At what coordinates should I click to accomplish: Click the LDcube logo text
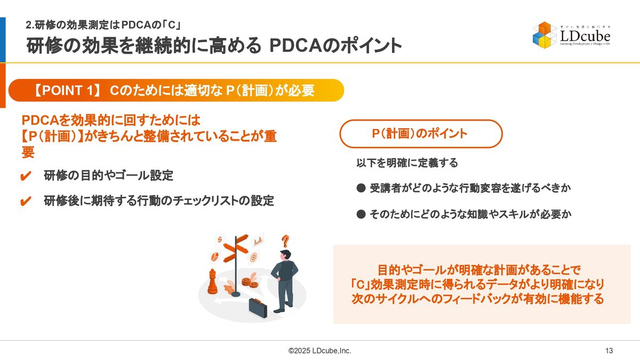click(585, 36)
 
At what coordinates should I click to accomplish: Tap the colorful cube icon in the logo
click(545, 35)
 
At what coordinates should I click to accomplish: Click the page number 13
click(609, 350)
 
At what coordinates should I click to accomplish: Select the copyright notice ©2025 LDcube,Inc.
click(319, 350)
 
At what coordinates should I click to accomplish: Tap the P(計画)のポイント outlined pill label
click(421, 134)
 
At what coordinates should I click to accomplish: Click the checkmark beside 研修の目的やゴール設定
click(26, 176)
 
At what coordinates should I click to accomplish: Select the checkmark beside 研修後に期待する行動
click(26, 201)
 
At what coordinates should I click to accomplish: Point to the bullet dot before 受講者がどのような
click(361, 188)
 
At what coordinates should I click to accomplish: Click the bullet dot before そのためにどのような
click(361, 214)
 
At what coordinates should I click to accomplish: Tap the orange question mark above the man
click(285, 242)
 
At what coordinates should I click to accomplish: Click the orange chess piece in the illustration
click(212, 282)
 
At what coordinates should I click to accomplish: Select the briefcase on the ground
click(258, 308)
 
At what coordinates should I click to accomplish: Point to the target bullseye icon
click(253, 257)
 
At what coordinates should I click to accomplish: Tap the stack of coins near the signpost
click(250, 283)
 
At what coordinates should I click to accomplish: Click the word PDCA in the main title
click(295, 46)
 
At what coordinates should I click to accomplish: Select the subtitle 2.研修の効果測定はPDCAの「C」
click(103, 25)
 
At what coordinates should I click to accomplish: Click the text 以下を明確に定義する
click(407, 163)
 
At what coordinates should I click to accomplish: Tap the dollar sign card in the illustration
click(220, 239)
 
